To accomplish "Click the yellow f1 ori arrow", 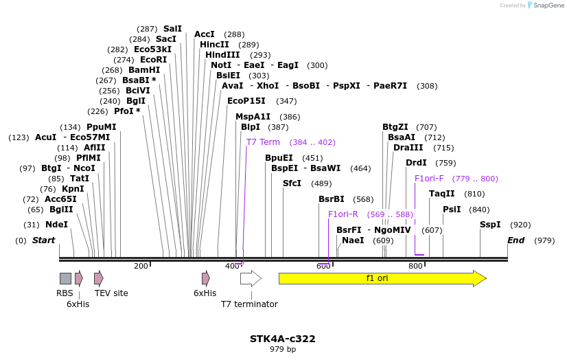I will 382,278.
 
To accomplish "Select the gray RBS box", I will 65,278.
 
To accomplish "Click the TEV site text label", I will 111,293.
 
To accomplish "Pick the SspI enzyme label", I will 490,225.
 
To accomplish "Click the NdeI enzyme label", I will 56,225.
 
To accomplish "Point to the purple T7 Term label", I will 263,142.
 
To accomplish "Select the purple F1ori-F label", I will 429,179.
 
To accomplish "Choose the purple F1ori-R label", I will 343,214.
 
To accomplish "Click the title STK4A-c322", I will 283,339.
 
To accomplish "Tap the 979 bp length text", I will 283,350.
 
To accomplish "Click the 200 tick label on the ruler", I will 141,266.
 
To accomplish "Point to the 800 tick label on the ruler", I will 415,266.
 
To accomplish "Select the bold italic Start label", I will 43,240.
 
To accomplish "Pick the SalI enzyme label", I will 172,29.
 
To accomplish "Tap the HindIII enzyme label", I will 222,55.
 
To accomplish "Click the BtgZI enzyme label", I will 395,127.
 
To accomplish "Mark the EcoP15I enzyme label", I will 246,101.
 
